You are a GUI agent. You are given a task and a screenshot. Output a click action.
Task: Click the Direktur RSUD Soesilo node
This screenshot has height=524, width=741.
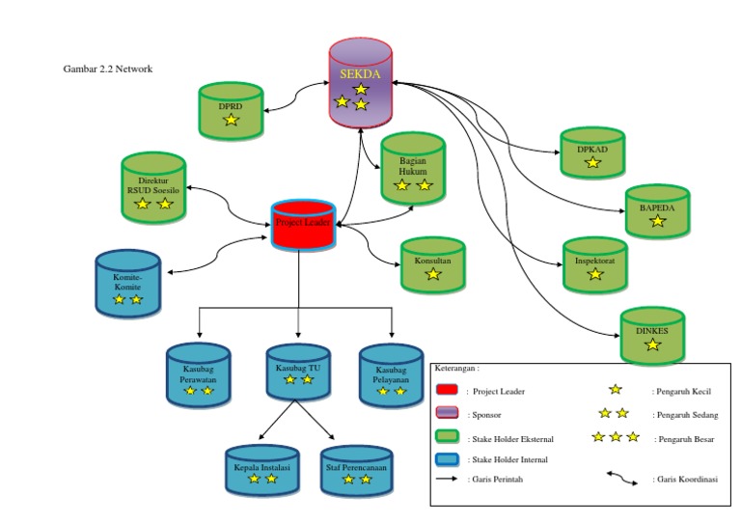154,189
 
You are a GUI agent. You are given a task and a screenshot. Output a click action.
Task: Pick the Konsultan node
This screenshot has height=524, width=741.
433,263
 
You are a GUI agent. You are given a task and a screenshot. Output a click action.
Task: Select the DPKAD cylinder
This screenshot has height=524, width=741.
592,152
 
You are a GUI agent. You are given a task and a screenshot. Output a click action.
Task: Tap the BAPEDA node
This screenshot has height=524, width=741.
656,209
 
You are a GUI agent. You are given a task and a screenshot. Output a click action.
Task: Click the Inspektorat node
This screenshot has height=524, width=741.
594,262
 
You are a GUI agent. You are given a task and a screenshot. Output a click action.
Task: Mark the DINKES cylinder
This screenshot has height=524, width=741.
652,334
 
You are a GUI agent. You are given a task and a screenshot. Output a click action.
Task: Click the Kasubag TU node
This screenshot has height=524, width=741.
298,371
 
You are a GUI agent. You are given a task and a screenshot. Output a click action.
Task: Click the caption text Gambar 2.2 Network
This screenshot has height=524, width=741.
108,69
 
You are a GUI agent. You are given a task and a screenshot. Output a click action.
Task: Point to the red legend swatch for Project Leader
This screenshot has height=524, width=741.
447,391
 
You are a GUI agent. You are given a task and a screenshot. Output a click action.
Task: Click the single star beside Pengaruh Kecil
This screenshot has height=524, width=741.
616,390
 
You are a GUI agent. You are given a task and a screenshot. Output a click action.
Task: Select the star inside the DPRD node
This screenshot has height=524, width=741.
231,120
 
